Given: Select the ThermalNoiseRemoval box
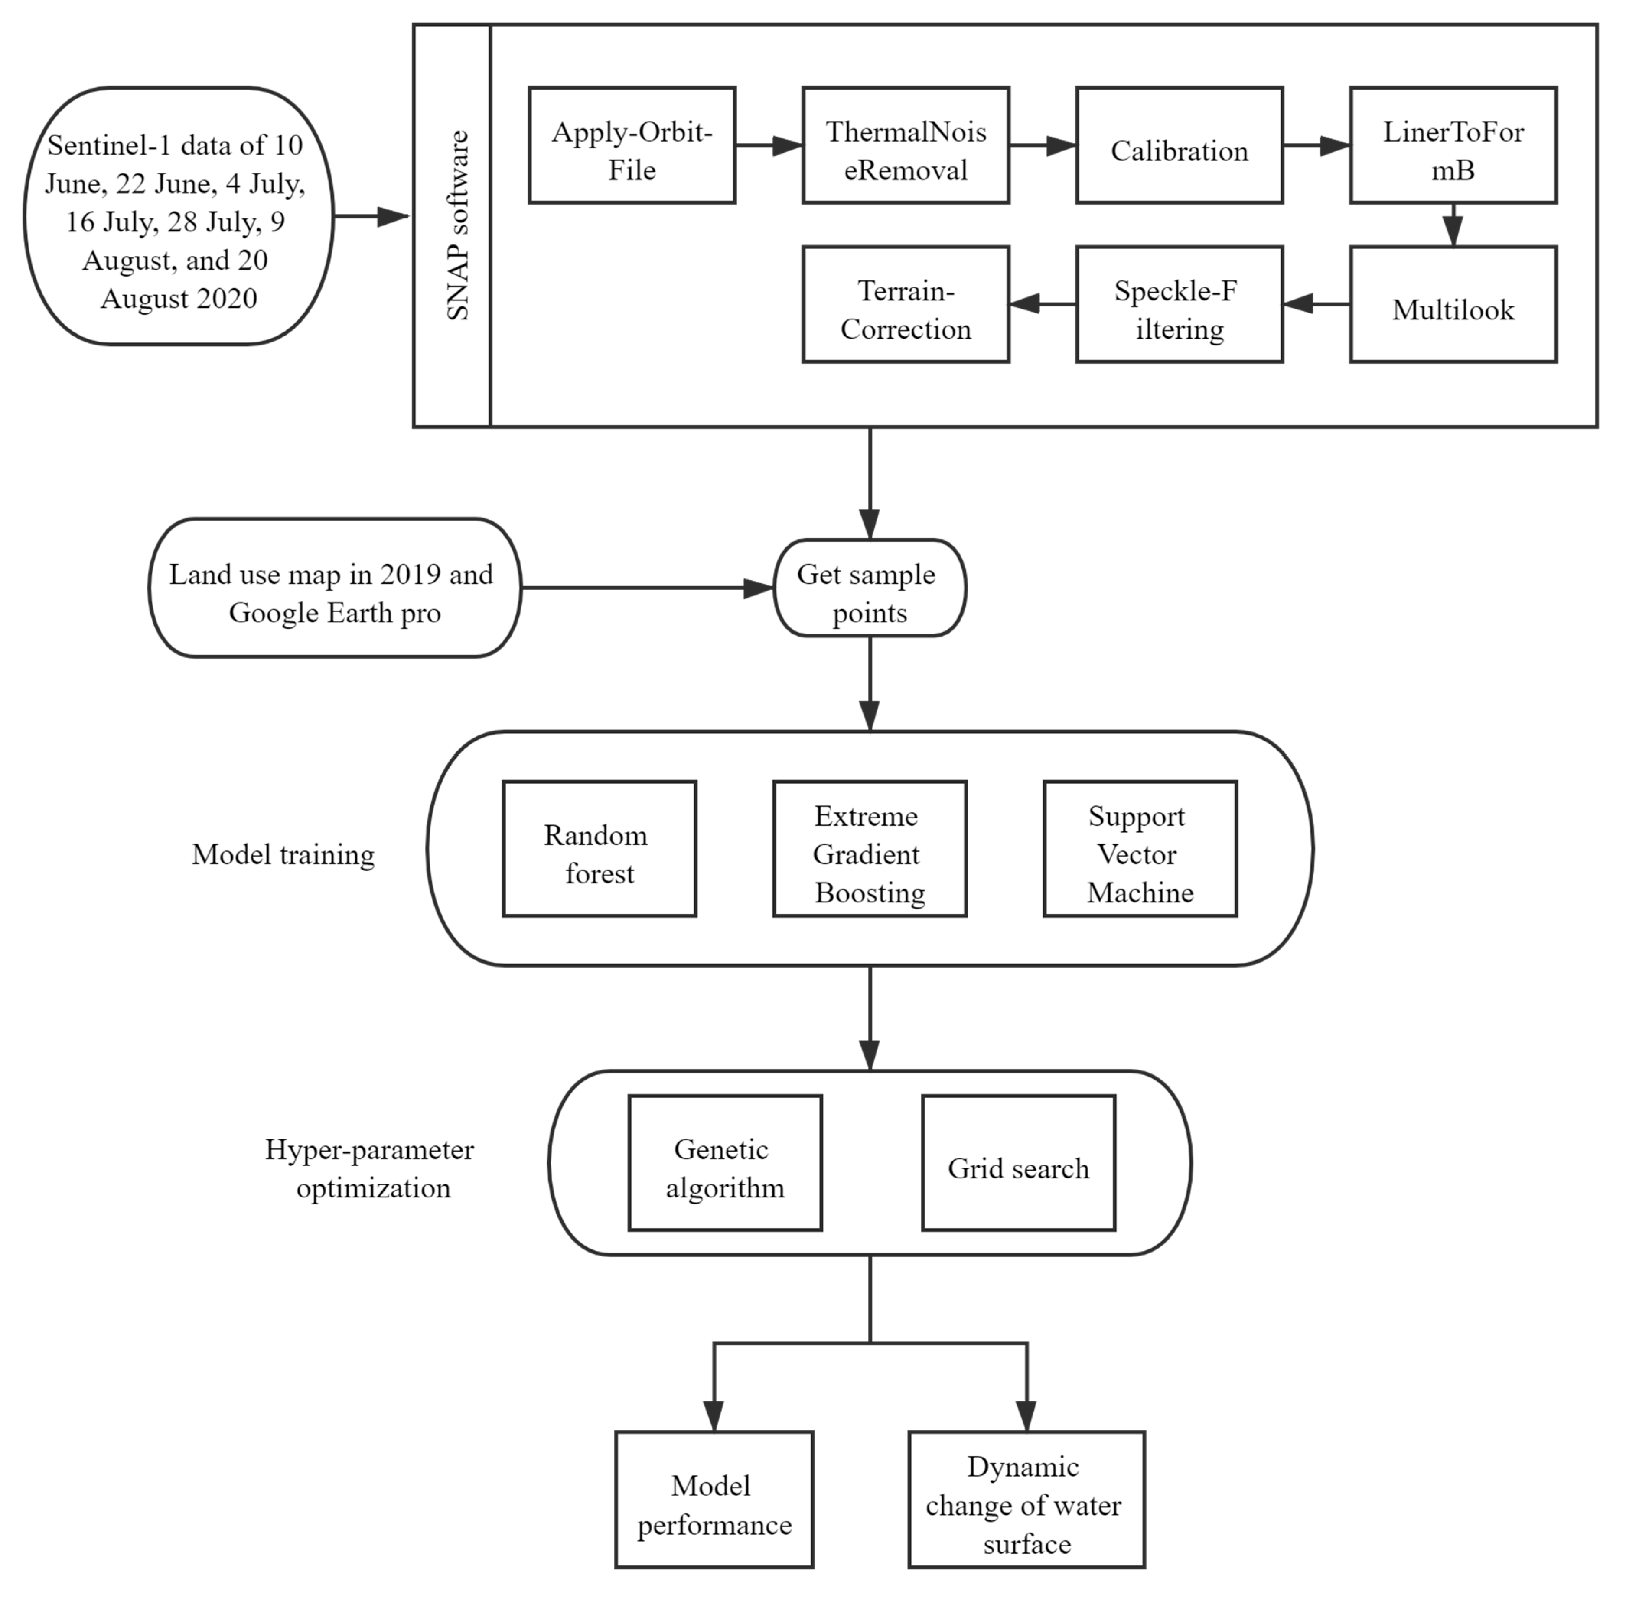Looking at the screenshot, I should [906, 145].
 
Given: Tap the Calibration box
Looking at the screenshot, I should [1179, 145].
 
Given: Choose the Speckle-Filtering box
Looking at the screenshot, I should [1179, 305].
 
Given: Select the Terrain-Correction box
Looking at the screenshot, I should [906, 305].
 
